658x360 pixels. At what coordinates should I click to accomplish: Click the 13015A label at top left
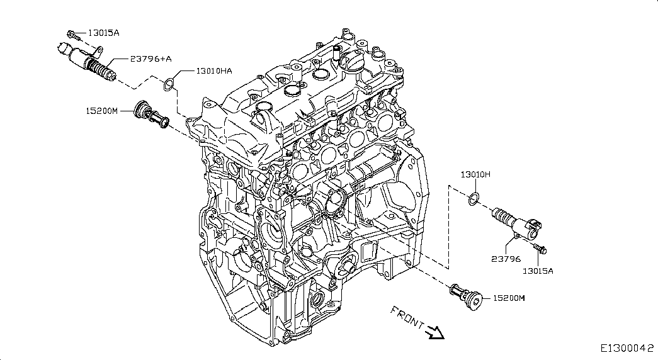(x=104, y=33)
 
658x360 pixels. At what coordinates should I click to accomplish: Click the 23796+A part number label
(x=150, y=59)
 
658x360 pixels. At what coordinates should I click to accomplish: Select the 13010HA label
(x=213, y=71)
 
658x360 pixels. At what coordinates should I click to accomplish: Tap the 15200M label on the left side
(x=102, y=111)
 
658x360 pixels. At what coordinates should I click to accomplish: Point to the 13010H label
(x=475, y=174)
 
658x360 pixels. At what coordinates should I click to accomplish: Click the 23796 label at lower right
(x=506, y=259)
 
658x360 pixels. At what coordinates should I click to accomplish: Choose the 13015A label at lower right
(x=538, y=271)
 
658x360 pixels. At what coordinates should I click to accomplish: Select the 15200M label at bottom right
(x=509, y=298)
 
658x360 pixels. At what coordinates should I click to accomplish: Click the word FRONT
(x=407, y=317)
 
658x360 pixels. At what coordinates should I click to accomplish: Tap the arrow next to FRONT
(x=434, y=332)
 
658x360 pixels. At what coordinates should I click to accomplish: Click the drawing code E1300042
(x=627, y=348)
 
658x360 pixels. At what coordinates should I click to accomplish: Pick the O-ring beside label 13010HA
(x=168, y=84)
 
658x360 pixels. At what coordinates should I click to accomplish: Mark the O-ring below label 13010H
(x=474, y=199)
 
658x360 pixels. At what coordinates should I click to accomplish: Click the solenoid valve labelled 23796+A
(x=86, y=60)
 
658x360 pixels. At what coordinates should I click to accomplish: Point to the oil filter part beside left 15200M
(x=151, y=114)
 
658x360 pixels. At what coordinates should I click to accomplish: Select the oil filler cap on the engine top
(x=350, y=62)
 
